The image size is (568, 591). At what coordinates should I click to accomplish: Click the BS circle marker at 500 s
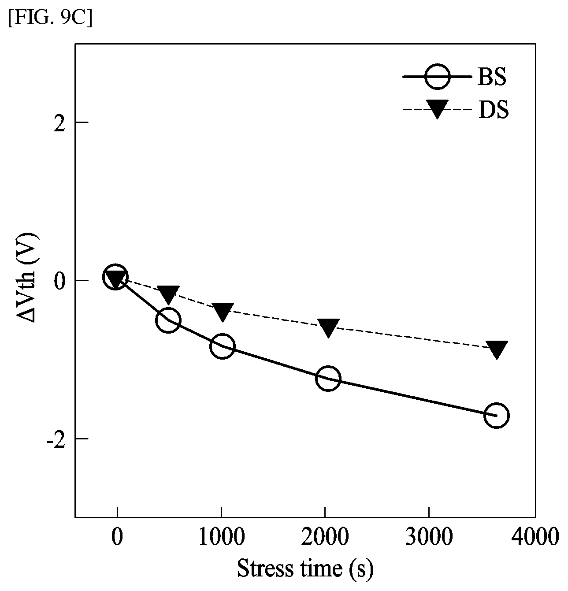coord(168,320)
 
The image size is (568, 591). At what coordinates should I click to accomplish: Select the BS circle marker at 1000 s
coord(223,346)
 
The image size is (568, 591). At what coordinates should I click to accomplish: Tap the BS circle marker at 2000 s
coord(328,378)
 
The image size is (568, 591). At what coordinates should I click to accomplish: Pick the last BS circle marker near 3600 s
coord(497,415)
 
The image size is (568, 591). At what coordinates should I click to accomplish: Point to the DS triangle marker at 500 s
coord(168,294)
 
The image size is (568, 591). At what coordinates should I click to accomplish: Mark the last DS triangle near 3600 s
coord(497,349)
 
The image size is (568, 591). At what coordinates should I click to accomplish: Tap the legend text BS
coord(492,77)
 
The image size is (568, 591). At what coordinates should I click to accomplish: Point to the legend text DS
coord(493,110)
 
